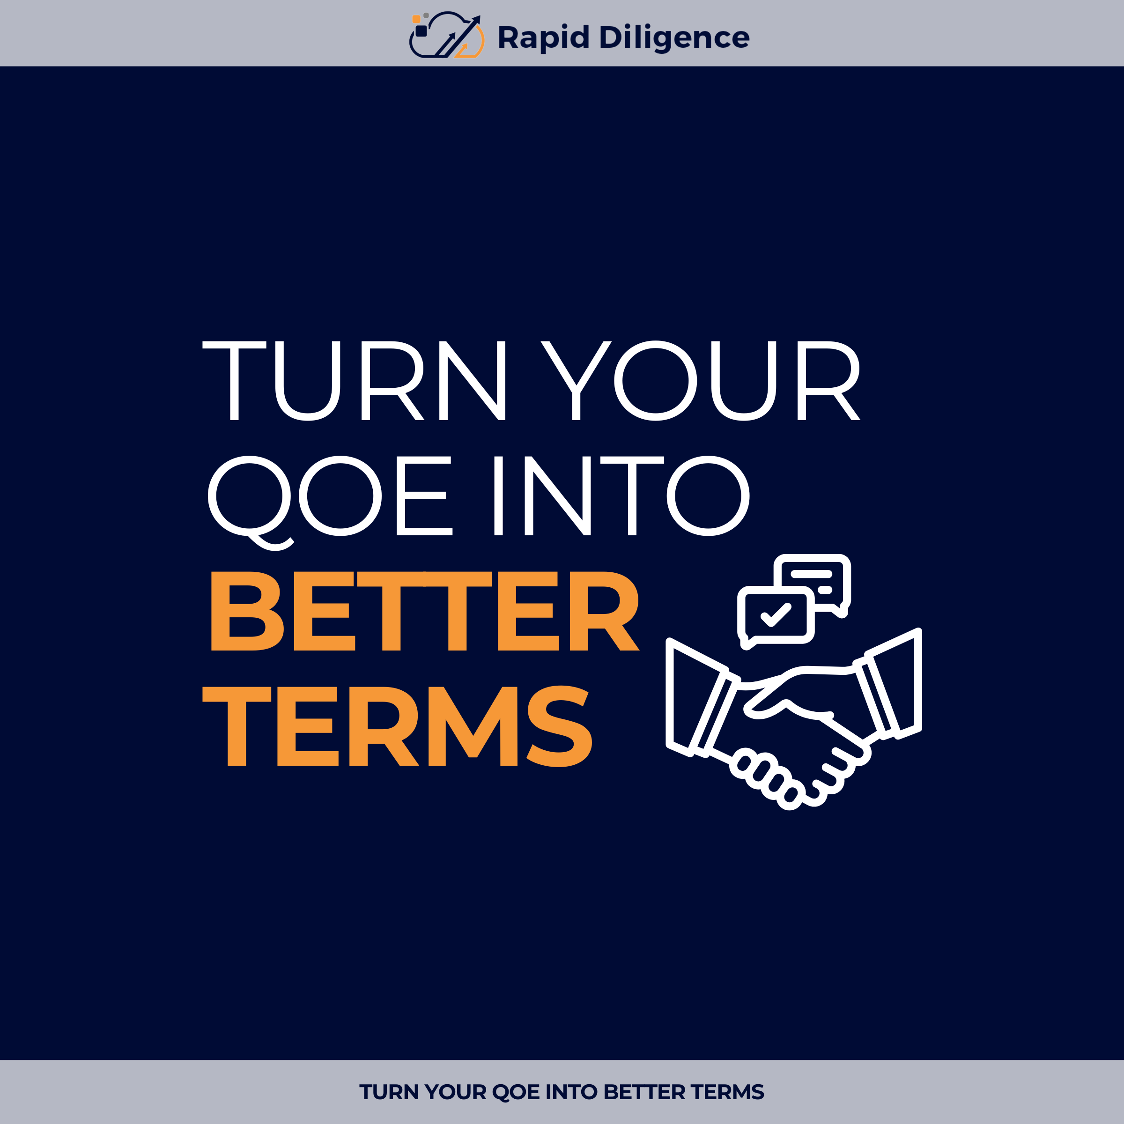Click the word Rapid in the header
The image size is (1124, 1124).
tap(543, 38)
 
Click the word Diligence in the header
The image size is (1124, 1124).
tap(674, 38)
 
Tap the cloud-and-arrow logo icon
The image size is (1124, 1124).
tap(446, 36)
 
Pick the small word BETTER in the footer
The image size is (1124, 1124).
tap(644, 1092)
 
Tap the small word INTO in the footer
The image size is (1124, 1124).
tap(571, 1092)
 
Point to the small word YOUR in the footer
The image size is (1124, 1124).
tap(455, 1092)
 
